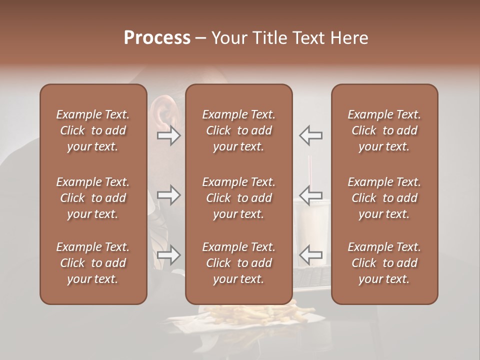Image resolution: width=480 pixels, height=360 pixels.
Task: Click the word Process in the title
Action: click(157, 38)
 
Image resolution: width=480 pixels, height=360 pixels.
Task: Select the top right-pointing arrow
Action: click(168, 135)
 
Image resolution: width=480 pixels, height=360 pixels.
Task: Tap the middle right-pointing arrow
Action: click(168, 195)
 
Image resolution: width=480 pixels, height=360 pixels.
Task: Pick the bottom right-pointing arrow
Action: click(168, 255)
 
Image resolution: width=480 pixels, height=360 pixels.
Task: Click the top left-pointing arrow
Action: click(310, 135)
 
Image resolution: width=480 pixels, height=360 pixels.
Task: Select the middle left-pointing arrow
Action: click(310, 195)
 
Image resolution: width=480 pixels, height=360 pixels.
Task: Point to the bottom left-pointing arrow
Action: click(310, 255)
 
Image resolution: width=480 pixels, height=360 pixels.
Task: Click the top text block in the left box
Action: click(93, 130)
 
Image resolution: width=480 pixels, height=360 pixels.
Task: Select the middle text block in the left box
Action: click(93, 198)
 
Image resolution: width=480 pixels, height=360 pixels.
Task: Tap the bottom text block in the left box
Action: click(93, 263)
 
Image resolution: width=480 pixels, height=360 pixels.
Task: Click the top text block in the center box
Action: click(238, 130)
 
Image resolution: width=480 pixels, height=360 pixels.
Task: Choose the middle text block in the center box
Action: click(238, 198)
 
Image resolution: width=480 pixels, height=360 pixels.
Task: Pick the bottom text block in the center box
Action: click(238, 263)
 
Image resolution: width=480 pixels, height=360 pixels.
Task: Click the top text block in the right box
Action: click(384, 130)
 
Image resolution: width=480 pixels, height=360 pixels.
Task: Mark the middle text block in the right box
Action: click(384, 198)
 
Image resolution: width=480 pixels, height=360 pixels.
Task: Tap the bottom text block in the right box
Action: click(384, 263)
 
